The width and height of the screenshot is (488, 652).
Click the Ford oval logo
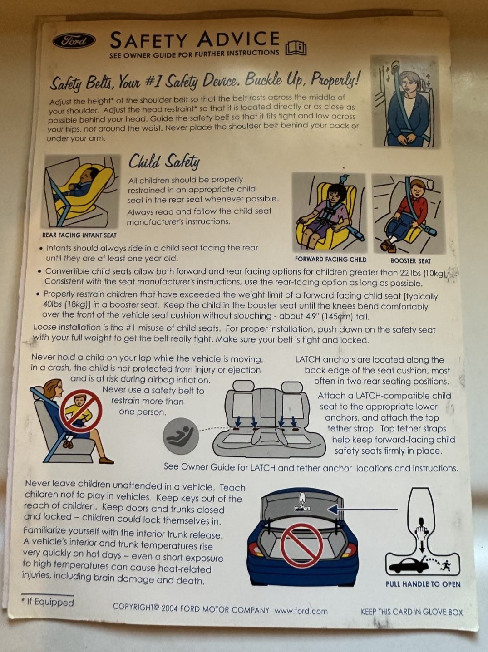click(74, 41)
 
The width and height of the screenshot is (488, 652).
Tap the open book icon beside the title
click(296, 47)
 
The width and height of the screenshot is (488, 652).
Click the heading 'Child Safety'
click(164, 161)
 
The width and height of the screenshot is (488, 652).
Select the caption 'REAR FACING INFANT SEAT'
click(79, 235)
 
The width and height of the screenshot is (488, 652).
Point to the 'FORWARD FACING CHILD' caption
click(330, 260)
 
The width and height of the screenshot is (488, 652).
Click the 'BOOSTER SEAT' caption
click(410, 261)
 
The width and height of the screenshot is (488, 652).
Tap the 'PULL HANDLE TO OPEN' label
click(423, 584)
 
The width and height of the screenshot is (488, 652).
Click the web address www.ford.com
click(301, 611)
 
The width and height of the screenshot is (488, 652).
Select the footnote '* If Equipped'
click(48, 602)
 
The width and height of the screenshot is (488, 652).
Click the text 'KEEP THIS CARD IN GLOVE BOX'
click(412, 612)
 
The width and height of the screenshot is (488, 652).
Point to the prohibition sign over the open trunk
click(301, 545)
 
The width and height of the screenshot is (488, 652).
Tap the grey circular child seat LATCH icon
click(181, 436)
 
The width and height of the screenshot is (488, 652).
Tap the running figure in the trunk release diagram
click(447, 565)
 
